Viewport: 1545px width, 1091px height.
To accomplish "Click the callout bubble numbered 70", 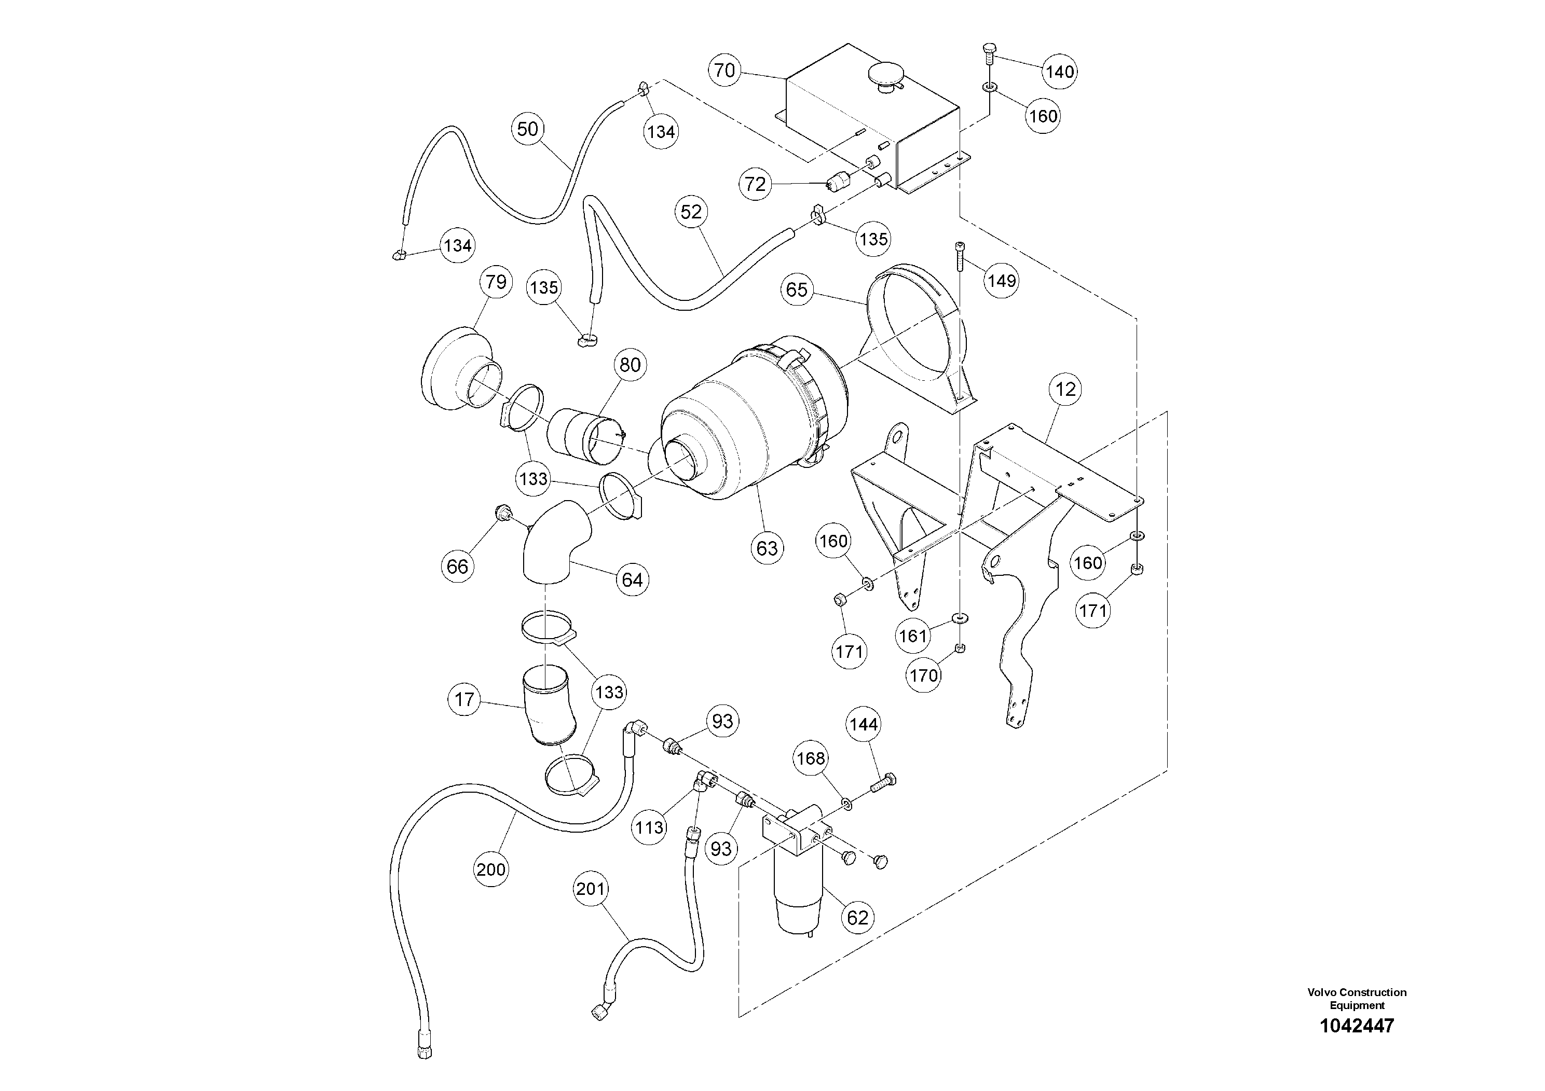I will click(x=724, y=71).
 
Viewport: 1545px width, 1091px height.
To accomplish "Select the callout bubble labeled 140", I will click(x=1060, y=71).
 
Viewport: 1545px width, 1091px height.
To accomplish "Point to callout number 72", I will click(x=755, y=184).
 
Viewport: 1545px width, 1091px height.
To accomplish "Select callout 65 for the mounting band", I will click(x=796, y=290).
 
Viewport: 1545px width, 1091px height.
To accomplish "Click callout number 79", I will click(x=496, y=282).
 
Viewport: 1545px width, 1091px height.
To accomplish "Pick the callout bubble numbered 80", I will click(x=630, y=365).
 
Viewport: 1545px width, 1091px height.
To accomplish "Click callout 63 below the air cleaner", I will click(x=767, y=548).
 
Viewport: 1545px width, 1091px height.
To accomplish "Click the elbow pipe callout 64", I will click(x=632, y=580).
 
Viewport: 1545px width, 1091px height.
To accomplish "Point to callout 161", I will click(x=912, y=636).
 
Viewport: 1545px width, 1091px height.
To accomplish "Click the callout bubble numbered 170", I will click(x=923, y=674).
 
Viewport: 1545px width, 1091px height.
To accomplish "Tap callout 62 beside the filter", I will click(x=857, y=917).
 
